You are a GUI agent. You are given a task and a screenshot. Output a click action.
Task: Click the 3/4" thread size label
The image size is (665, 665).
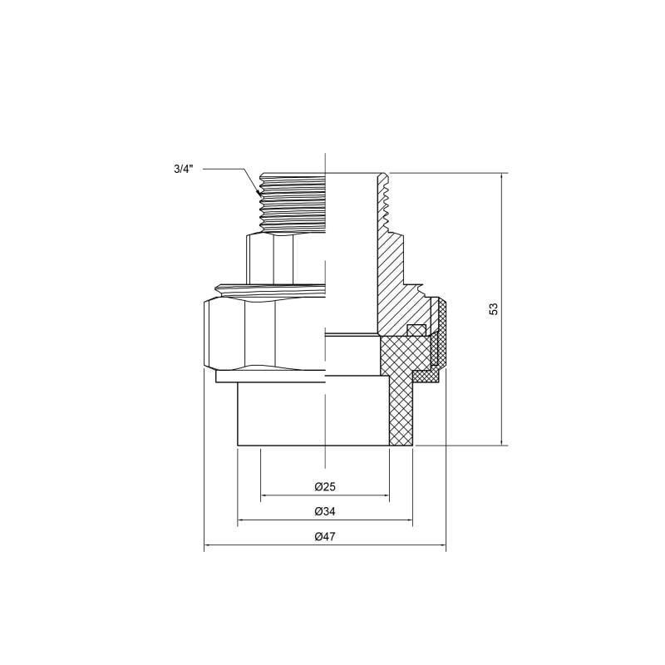tap(183, 169)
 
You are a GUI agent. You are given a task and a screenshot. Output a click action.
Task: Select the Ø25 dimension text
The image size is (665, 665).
tap(324, 487)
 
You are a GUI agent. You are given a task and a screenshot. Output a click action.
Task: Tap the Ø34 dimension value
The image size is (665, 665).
tap(324, 512)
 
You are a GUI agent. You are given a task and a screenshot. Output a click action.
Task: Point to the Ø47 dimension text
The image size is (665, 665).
tap(324, 538)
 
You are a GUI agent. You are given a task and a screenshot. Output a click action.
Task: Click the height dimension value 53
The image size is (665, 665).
tap(494, 308)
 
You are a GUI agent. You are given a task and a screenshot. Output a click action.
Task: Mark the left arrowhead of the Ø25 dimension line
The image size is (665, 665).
tap(263, 496)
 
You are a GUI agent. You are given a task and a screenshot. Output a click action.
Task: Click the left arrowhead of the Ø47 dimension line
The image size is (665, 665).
tap(206, 547)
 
